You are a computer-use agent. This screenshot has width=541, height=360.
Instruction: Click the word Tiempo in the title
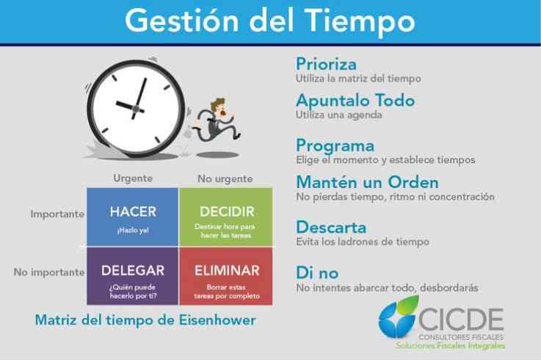[360, 21]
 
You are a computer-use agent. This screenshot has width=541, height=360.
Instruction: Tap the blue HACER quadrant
[132, 217]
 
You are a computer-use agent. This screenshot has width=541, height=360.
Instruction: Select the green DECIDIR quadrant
[226, 217]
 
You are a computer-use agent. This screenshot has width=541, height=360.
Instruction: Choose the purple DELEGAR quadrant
[132, 276]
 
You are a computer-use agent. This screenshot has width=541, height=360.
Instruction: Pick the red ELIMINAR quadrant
[226, 276]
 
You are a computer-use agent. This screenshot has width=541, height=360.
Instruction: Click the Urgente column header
[133, 179]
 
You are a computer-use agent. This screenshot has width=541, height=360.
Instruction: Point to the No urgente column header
[225, 179]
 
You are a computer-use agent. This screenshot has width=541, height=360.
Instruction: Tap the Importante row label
[57, 215]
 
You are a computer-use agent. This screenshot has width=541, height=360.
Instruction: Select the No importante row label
[49, 273]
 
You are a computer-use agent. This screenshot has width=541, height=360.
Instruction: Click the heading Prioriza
[327, 64]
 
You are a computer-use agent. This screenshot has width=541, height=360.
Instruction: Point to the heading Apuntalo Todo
[355, 101]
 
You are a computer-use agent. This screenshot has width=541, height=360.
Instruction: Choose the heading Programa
[335, 145]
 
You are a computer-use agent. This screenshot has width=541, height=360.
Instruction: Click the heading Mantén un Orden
[368, 182]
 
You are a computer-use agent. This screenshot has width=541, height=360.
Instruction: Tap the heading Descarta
[331, 227]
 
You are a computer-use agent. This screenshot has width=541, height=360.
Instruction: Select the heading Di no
[317, 273]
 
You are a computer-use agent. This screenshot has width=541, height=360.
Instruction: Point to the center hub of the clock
[136, 109]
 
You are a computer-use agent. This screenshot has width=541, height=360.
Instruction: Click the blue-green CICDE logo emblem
[398, 317]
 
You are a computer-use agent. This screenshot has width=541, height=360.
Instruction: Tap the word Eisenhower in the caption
[217, 320]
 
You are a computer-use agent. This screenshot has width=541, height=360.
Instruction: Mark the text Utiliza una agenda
[339, 115]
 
